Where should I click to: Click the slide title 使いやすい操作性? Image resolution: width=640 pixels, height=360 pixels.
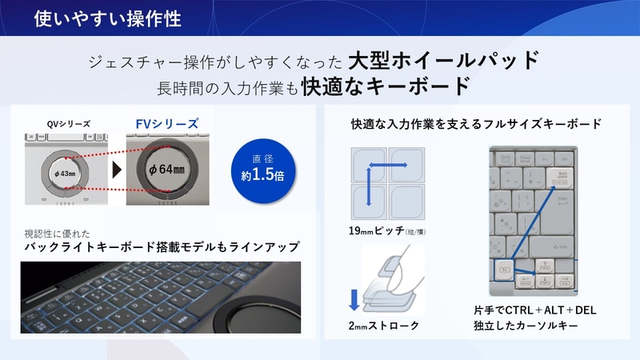tap(107, 18)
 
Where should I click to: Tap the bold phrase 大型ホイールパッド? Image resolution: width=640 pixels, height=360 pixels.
tap(444, 60)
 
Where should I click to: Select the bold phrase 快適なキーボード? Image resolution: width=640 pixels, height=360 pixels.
tap(385, 86)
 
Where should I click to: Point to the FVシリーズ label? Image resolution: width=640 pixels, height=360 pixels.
tap(166, 123)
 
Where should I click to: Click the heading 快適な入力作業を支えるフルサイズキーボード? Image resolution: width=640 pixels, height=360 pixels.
tap(476, 124)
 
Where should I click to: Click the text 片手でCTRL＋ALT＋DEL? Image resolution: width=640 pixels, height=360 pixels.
tap(535, 310)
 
